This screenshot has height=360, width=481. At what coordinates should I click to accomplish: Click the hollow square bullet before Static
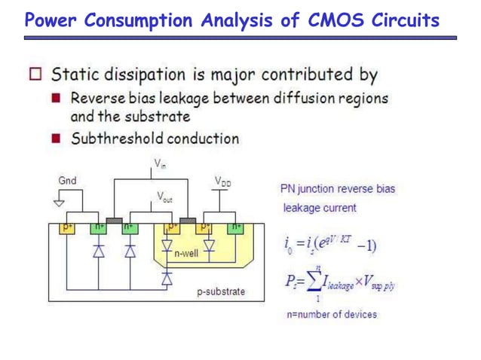[35, 75]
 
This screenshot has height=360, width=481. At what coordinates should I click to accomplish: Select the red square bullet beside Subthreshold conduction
[56, 139]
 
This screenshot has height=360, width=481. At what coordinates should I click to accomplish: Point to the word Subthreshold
[117, 139]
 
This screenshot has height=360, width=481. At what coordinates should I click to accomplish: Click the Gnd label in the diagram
[67, 181]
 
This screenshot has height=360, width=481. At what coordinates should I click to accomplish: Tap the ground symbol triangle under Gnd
[59, 203]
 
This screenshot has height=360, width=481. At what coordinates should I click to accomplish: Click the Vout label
[164, 197]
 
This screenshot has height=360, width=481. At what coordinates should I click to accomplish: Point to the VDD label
[222, 181]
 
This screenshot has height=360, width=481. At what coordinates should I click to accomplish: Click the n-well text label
[185, 254]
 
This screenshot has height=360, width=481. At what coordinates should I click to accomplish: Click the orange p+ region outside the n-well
[67, 227]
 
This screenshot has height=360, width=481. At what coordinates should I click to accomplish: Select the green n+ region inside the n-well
[235, 227]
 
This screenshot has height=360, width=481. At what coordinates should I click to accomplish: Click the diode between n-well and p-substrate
[167, 279]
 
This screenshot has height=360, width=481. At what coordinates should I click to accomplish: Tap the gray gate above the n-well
[188, 220]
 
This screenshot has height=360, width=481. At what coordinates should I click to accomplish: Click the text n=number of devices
[331, 314]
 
